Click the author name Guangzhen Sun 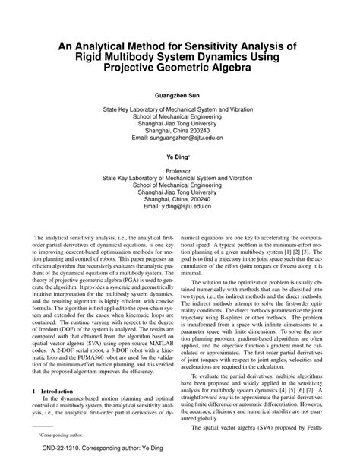pyautogui.click(x=180, y=97)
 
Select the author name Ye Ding pyautogui.click(x=179, y=155)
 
